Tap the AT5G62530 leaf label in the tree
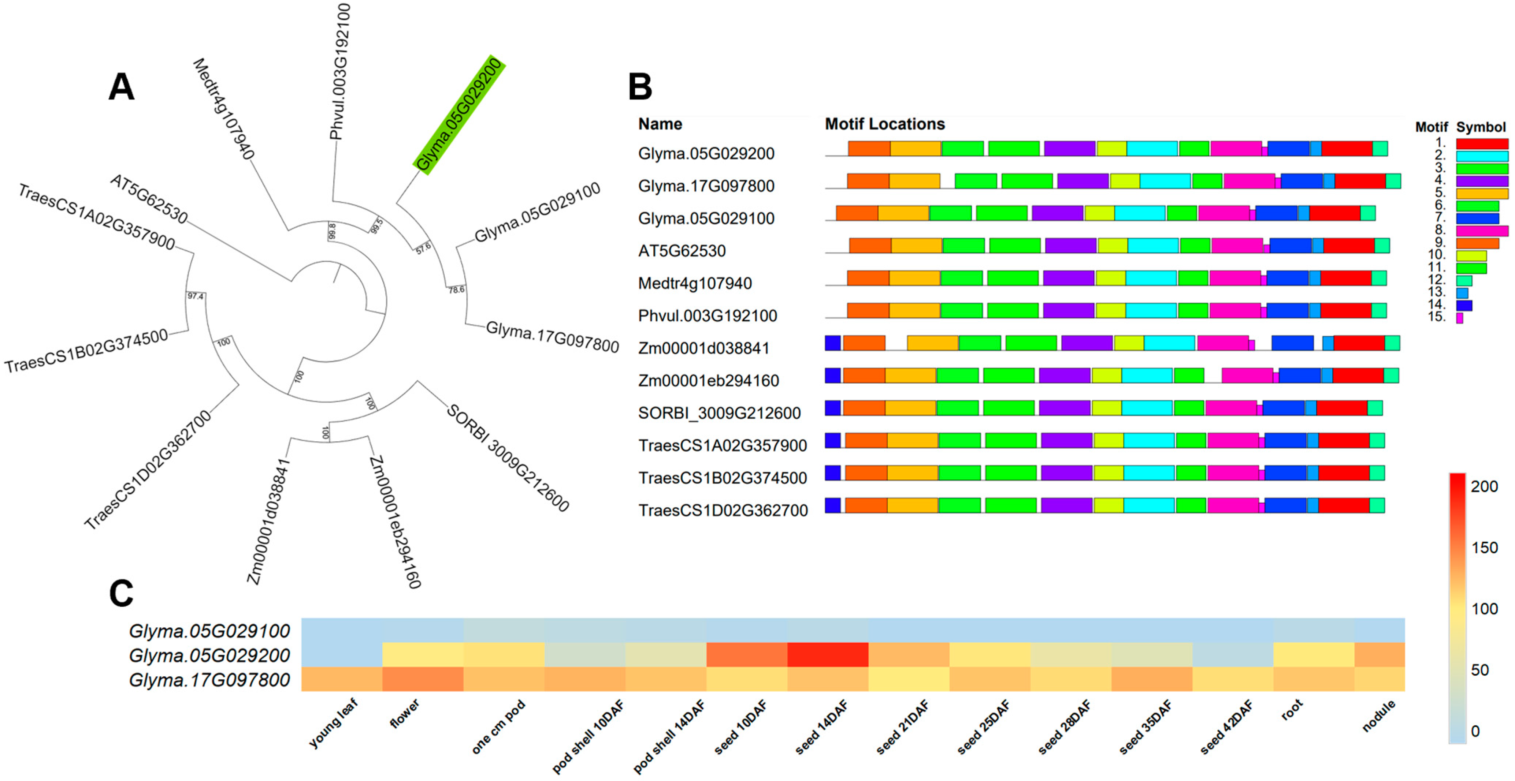[149, 199]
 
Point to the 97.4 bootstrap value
[195, 296]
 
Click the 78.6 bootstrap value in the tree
[456, 290]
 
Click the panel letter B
[640, 87]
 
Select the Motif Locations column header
[884, 124]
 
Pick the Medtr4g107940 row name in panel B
[695, 283]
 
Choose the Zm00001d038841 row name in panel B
[703, 348]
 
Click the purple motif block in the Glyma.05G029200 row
[1069, 149]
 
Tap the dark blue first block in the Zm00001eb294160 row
[832, 375]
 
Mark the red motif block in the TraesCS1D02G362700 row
[1344, 505]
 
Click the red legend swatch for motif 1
[1481, 143]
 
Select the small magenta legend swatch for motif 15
[1459, 318]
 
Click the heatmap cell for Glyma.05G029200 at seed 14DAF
[828, 655]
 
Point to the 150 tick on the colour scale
[1484, 548]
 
